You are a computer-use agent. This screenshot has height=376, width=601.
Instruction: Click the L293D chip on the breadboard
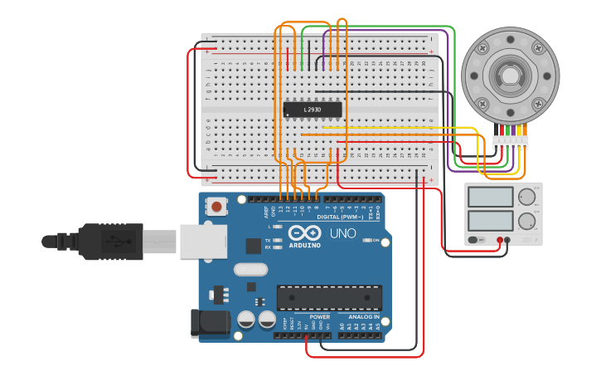313,110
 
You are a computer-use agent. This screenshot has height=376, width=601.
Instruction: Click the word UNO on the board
343,233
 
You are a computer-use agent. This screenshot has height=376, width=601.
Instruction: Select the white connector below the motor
510,142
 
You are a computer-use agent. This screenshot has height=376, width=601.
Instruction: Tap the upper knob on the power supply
526,197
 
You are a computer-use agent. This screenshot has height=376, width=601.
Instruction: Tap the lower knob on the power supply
526,221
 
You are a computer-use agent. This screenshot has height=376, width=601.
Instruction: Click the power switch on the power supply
475,241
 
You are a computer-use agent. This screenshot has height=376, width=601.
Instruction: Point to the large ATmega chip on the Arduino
329,297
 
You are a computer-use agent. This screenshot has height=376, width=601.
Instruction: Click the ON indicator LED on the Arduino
365,241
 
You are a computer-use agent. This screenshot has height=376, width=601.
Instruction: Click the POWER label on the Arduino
319,317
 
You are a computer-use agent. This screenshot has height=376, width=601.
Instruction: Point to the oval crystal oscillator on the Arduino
250,269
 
